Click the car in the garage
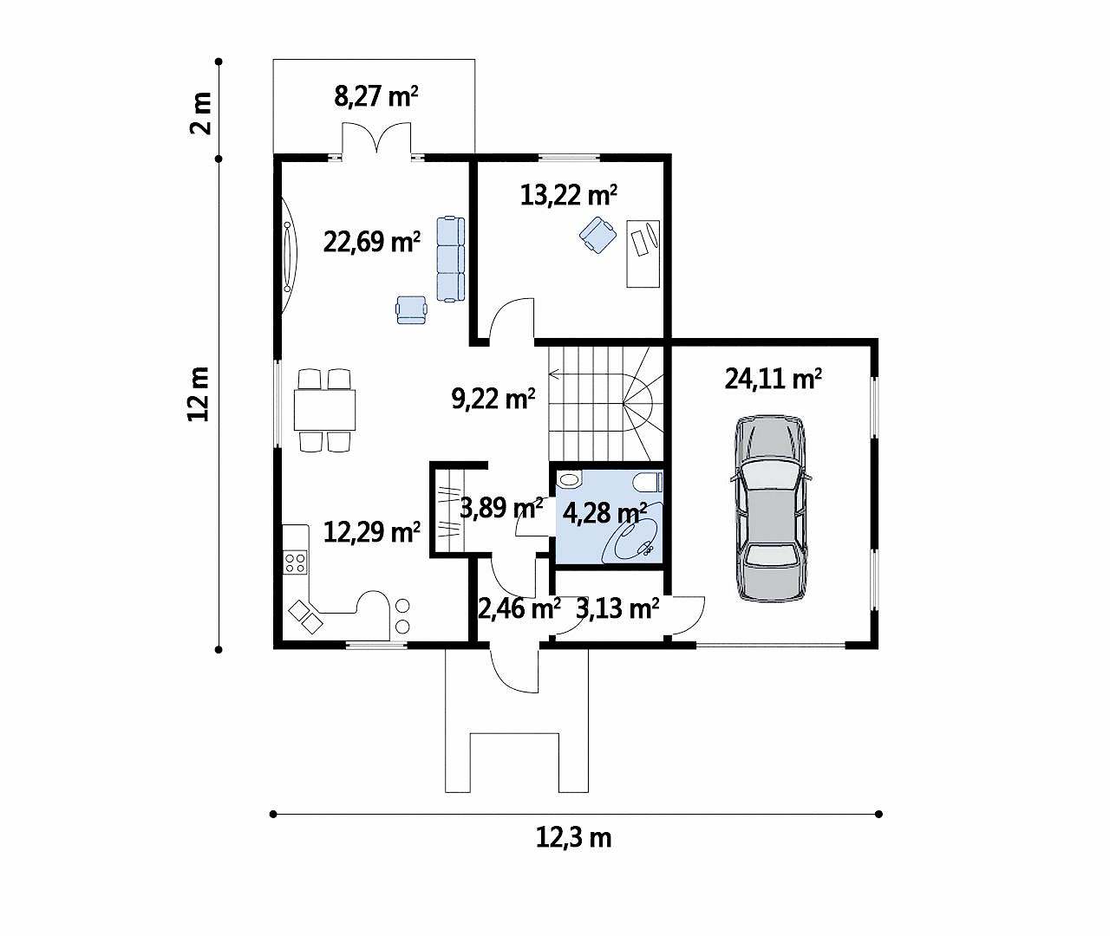770,509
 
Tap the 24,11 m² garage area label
773,380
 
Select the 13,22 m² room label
568,195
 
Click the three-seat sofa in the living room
451,259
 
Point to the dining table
324,410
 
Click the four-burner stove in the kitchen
296,562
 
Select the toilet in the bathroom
648,483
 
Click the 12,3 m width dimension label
573,838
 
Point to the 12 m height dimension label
199,394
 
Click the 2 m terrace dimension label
201,114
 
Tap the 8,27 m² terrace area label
375,97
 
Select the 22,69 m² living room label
372,243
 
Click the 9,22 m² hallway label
493,399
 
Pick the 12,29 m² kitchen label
372,532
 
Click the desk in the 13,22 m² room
643,254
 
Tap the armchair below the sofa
411,309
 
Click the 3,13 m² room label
617,608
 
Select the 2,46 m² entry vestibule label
519,608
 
